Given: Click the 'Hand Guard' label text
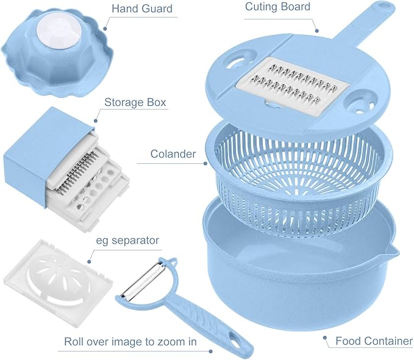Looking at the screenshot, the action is (142, 9).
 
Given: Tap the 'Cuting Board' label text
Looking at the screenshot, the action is (277, 7).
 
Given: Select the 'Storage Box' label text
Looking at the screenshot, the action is (135, 102).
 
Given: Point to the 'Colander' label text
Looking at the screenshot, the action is (173, 154).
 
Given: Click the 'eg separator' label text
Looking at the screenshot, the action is (127, 241).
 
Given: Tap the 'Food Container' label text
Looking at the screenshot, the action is (374, 341).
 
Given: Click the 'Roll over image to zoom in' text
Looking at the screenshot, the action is (130, 342).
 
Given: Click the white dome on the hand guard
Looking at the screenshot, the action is (59, 30).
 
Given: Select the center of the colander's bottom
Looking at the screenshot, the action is (298, 191).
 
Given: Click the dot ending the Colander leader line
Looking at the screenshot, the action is (205, 163).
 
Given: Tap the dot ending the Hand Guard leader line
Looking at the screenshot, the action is (105, 29).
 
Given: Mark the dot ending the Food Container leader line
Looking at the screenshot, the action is (325, 337).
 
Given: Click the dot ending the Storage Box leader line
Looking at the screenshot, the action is (96, 121).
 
